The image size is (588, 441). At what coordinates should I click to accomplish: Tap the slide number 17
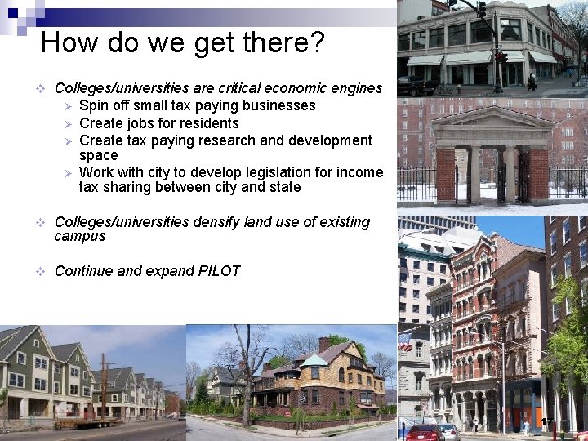(x=546, y=421)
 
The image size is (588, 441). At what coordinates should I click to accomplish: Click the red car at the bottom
(x=425, y=432)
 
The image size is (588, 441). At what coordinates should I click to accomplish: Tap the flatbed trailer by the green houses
(x=87, y=422)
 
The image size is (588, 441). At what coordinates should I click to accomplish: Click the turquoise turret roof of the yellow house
(x=314, y=360)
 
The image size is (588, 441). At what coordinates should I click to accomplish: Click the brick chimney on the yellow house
(x=324, y=344)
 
